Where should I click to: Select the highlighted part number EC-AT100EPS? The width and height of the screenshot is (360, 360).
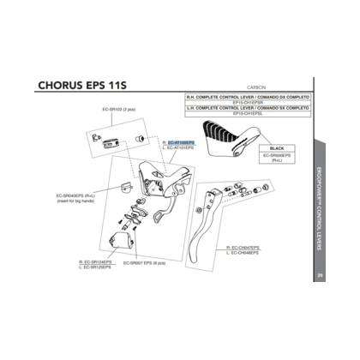(x=181, y=141)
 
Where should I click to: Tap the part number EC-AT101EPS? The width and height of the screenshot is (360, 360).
(x=181, y=147)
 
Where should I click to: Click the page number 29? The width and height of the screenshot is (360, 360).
(x=318, y=276)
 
